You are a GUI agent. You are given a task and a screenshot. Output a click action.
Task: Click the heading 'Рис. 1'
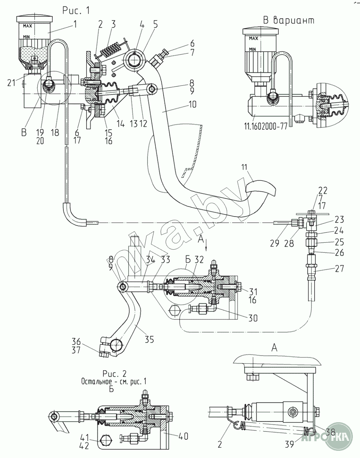(76, 10)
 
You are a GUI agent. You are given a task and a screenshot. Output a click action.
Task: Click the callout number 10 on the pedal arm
(192, 105)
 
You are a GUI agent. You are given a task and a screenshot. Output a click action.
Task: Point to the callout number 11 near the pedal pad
(244, 167)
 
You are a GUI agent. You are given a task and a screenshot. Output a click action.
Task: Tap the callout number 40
(183, 436)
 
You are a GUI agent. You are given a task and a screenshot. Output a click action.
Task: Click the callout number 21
(11, 83)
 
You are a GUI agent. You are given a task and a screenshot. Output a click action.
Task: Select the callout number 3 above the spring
(113, 24)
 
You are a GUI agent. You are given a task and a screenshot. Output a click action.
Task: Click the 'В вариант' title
(289, 20)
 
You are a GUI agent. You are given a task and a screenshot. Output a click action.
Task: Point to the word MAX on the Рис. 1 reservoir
(28, 26)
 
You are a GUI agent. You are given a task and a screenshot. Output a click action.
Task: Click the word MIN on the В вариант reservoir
(253, 49)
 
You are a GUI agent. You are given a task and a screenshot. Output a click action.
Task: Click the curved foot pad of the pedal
(261, 188)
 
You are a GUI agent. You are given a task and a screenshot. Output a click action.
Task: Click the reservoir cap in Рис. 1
(34, 19)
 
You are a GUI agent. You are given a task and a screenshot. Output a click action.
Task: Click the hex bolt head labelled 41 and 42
(104, 441)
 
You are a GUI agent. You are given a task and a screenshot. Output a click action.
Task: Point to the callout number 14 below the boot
(121, 124)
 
